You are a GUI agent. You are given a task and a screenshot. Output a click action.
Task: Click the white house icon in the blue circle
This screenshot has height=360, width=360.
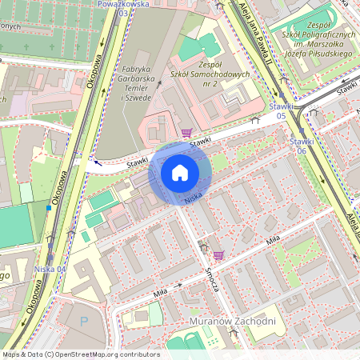pos(180,172)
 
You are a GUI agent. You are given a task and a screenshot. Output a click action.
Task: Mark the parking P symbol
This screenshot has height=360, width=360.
pos(85,321)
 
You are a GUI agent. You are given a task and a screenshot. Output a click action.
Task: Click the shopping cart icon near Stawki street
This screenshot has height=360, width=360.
pos(186,133)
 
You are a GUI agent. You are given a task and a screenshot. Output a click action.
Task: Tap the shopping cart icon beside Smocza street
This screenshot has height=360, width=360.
pos(218,255)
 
